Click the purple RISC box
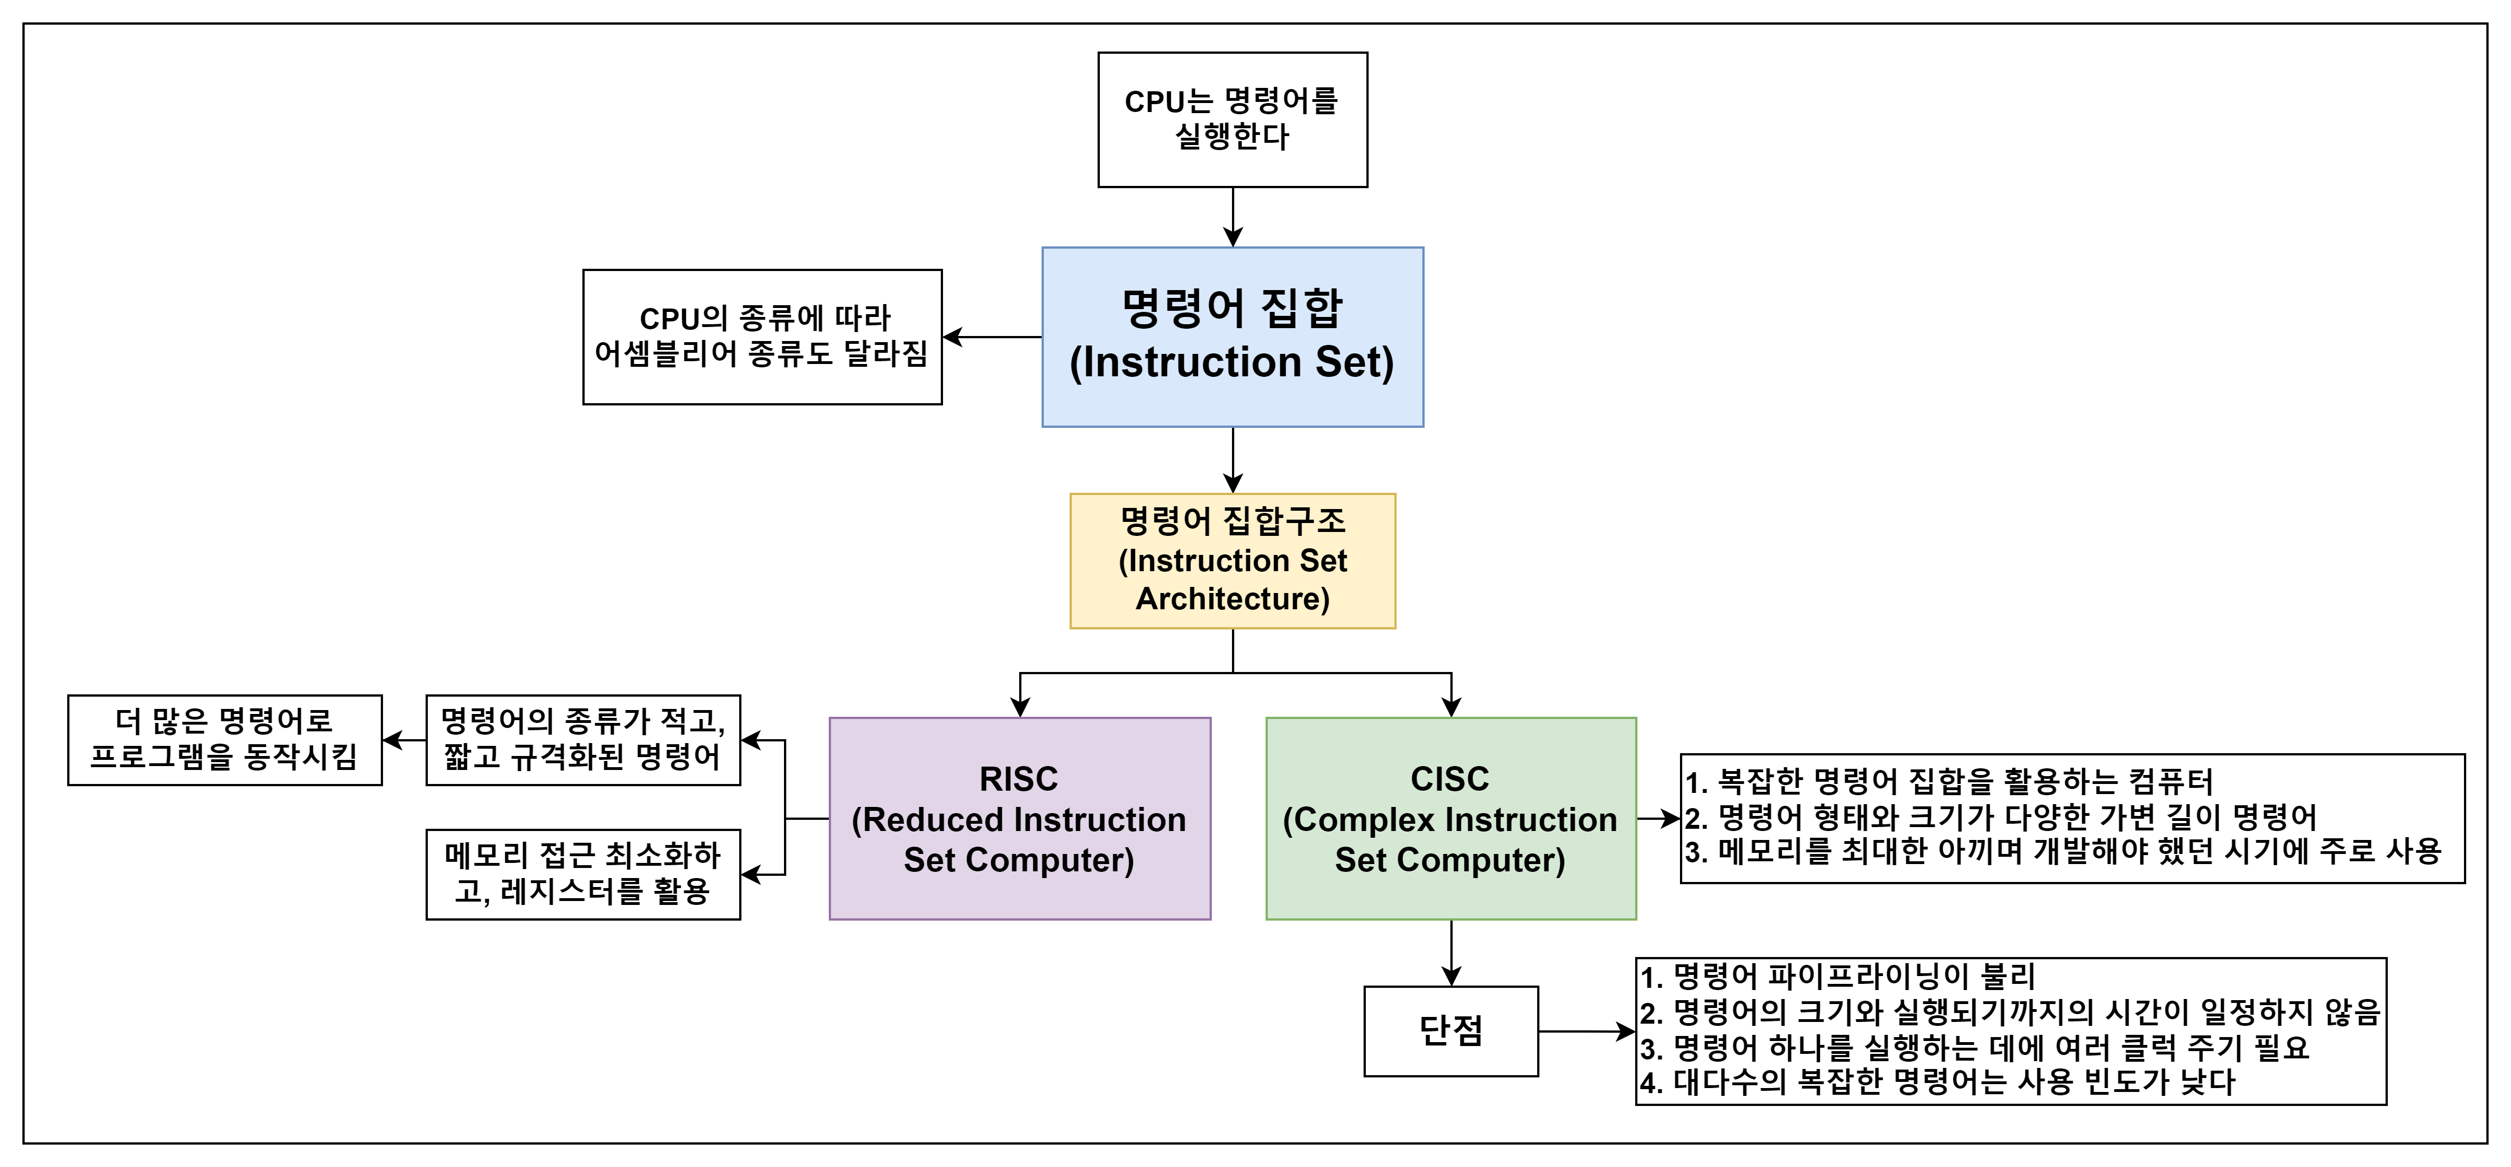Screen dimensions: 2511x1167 (x=1020, y=818)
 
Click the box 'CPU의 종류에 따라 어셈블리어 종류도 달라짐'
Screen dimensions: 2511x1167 (x=762, y=337)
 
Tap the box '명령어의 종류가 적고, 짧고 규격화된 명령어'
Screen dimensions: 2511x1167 (x=583, y=740)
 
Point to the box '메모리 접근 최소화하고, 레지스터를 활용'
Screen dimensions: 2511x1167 (x=583, y=875)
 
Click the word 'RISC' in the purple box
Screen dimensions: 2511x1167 (x=1019, y=779)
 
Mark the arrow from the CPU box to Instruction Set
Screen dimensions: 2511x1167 (x=1233, y=217)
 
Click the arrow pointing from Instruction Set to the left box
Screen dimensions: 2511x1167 (x=992, y=337)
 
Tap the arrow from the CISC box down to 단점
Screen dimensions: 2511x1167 (x=1451, y=953)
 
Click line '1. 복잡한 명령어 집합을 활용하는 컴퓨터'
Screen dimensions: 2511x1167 (x=1949, y=781)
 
